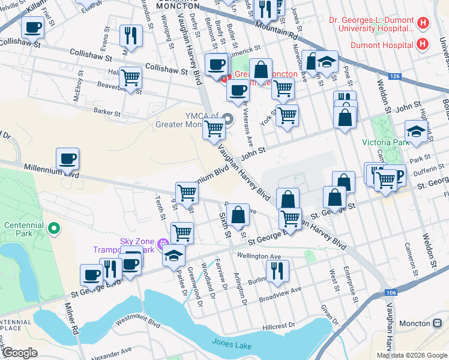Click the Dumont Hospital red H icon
tap(423, 45)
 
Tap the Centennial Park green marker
tap(54, 228)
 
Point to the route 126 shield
tap(394, 76)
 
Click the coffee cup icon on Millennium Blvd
tap(67, 160)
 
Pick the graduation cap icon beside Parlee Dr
tap(173, 256)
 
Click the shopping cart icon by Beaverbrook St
tap(130, 77)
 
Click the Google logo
tap(20, 353)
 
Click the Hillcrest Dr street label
tap(280, 326)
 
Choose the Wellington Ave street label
tap(259, 256)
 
